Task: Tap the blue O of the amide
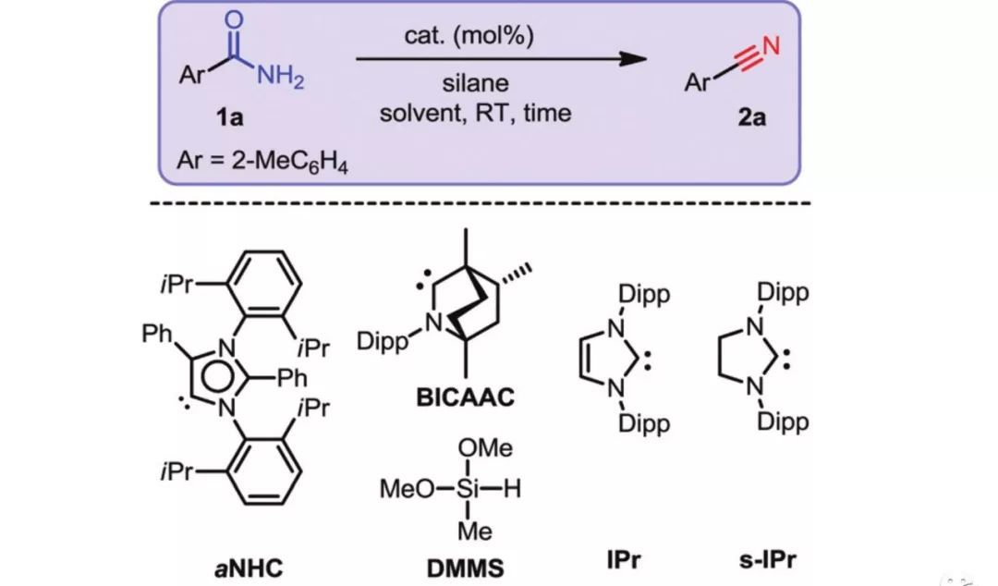[234, 19]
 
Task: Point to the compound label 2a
[751, 118]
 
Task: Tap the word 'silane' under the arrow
[475, 83]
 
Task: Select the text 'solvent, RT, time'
[475, 114]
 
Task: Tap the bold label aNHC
[248, 564]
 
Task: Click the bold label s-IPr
[767, 558]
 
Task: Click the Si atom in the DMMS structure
[467, 490]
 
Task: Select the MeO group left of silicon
[407, 490]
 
